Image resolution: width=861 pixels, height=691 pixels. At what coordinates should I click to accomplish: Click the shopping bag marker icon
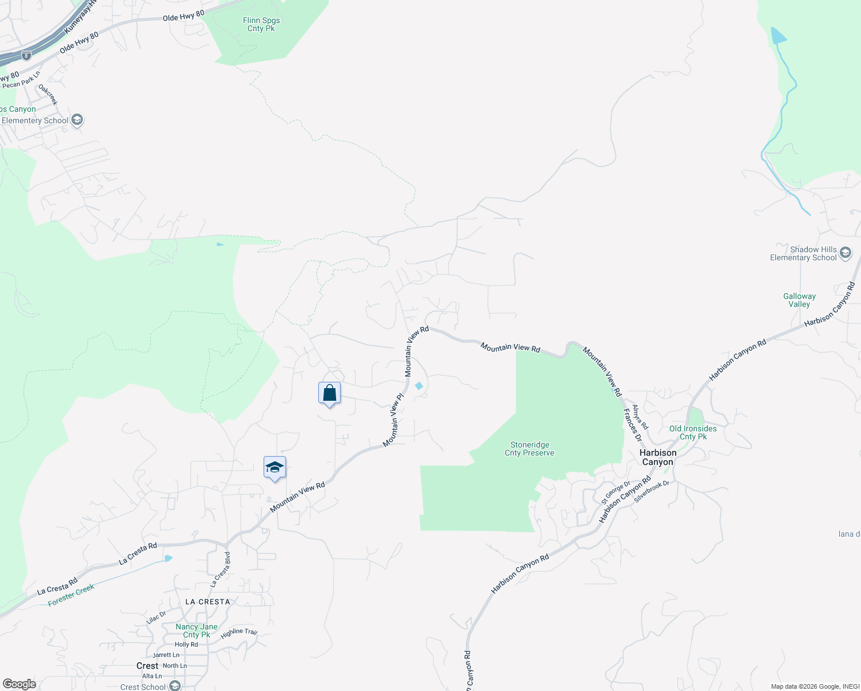tap(329, 393)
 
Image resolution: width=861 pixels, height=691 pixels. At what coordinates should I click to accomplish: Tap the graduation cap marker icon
tap(275, 468)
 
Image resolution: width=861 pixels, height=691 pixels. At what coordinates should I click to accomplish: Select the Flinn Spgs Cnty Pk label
tap(261, 24)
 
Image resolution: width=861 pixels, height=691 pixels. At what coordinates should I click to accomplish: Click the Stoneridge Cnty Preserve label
tap(529, 449)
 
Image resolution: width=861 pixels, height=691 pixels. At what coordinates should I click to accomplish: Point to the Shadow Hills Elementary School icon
tap(845, 253)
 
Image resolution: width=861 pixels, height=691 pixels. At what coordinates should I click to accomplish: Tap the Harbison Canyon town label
tap(658, 457)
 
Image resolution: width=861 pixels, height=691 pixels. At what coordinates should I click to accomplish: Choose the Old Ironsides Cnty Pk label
tap(693, 432)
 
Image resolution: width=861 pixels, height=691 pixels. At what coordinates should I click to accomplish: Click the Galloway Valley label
tap(799, 300)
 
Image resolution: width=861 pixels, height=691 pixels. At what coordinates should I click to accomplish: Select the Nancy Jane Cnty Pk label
tap(196, 631)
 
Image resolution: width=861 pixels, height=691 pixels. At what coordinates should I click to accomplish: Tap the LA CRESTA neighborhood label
tap(207, 602)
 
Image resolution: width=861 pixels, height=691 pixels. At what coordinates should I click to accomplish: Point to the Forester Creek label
tap(71, 595)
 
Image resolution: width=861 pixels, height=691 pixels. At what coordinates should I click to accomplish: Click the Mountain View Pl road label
tap(394, 420)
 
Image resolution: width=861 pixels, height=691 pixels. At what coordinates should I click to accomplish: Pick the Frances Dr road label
tap(632, 425)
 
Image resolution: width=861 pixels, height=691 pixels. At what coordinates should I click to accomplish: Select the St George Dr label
tap(615, 493)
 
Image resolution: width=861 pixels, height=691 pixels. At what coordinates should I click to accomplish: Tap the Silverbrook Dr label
tap(652, 491)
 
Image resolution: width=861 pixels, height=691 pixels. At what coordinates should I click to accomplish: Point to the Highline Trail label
tap(239, 633)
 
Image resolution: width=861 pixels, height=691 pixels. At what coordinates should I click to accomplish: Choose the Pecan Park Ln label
tap(21, 81)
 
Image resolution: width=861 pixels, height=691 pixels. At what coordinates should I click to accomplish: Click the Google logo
tap(19, 684)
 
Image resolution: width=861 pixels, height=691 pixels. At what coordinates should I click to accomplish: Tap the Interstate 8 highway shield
tap(26, 56)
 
